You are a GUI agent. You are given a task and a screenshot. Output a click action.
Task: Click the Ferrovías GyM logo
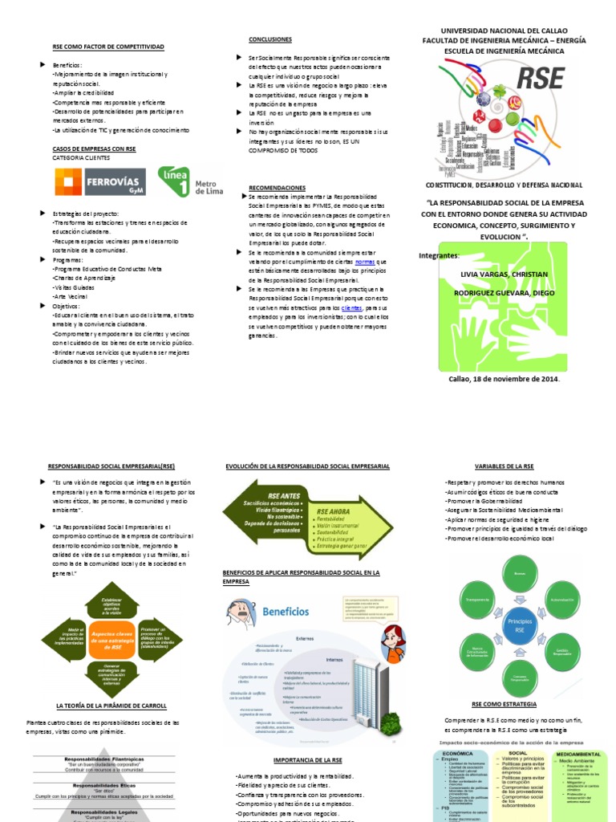(x=101, y=181)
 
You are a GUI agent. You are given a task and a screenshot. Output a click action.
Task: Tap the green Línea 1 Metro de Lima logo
(x=190, y=181)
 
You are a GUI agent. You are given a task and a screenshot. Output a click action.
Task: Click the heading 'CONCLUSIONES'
(x=270, y=39)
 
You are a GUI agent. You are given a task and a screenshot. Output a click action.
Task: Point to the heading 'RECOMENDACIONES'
(x=278, y=186)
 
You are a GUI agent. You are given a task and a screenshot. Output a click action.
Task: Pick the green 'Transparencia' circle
(x=478, y=599)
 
